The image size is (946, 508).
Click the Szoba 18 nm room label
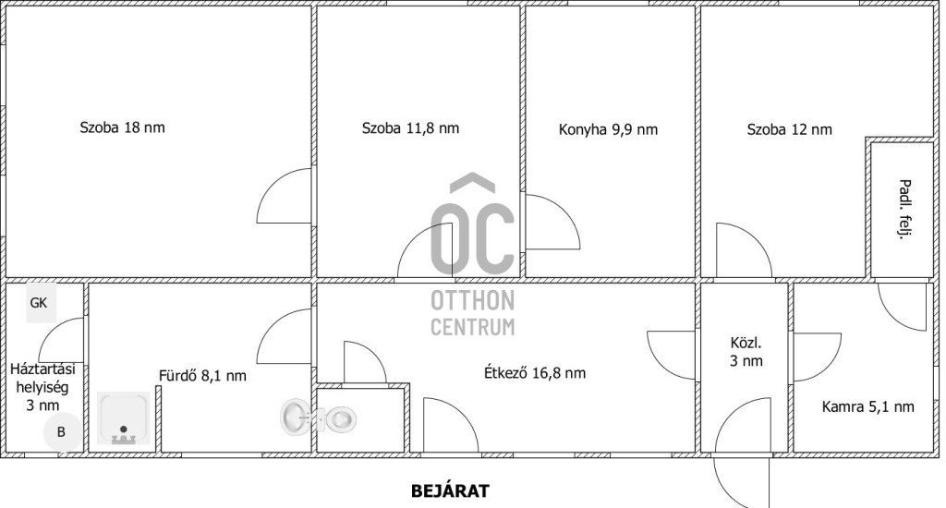(x=123, y=127)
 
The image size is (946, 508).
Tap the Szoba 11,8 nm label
(x=410, y=127)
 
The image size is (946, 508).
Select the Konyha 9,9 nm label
(x=608, y=129)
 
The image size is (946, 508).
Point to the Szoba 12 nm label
(x=789, y=129)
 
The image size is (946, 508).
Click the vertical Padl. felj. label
(x=904, y=209)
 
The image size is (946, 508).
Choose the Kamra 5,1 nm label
(x=867, y=406)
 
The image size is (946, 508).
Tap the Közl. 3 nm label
(x=746, y=352)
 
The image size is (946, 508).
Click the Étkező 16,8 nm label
(x=535, y=372)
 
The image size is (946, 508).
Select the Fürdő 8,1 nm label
(x=202, y=375)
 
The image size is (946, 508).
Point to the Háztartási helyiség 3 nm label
(x=42, y=387)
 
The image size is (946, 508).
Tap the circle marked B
(x=62, y=432)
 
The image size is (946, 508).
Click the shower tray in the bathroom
(x=124, y=418)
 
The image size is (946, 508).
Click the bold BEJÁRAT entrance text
(x=450, y=491)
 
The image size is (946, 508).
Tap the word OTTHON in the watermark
(x=472, y=300)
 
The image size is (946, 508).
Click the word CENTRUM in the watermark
(x=472, y=326)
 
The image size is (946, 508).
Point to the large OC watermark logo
(x=472, y=224)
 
